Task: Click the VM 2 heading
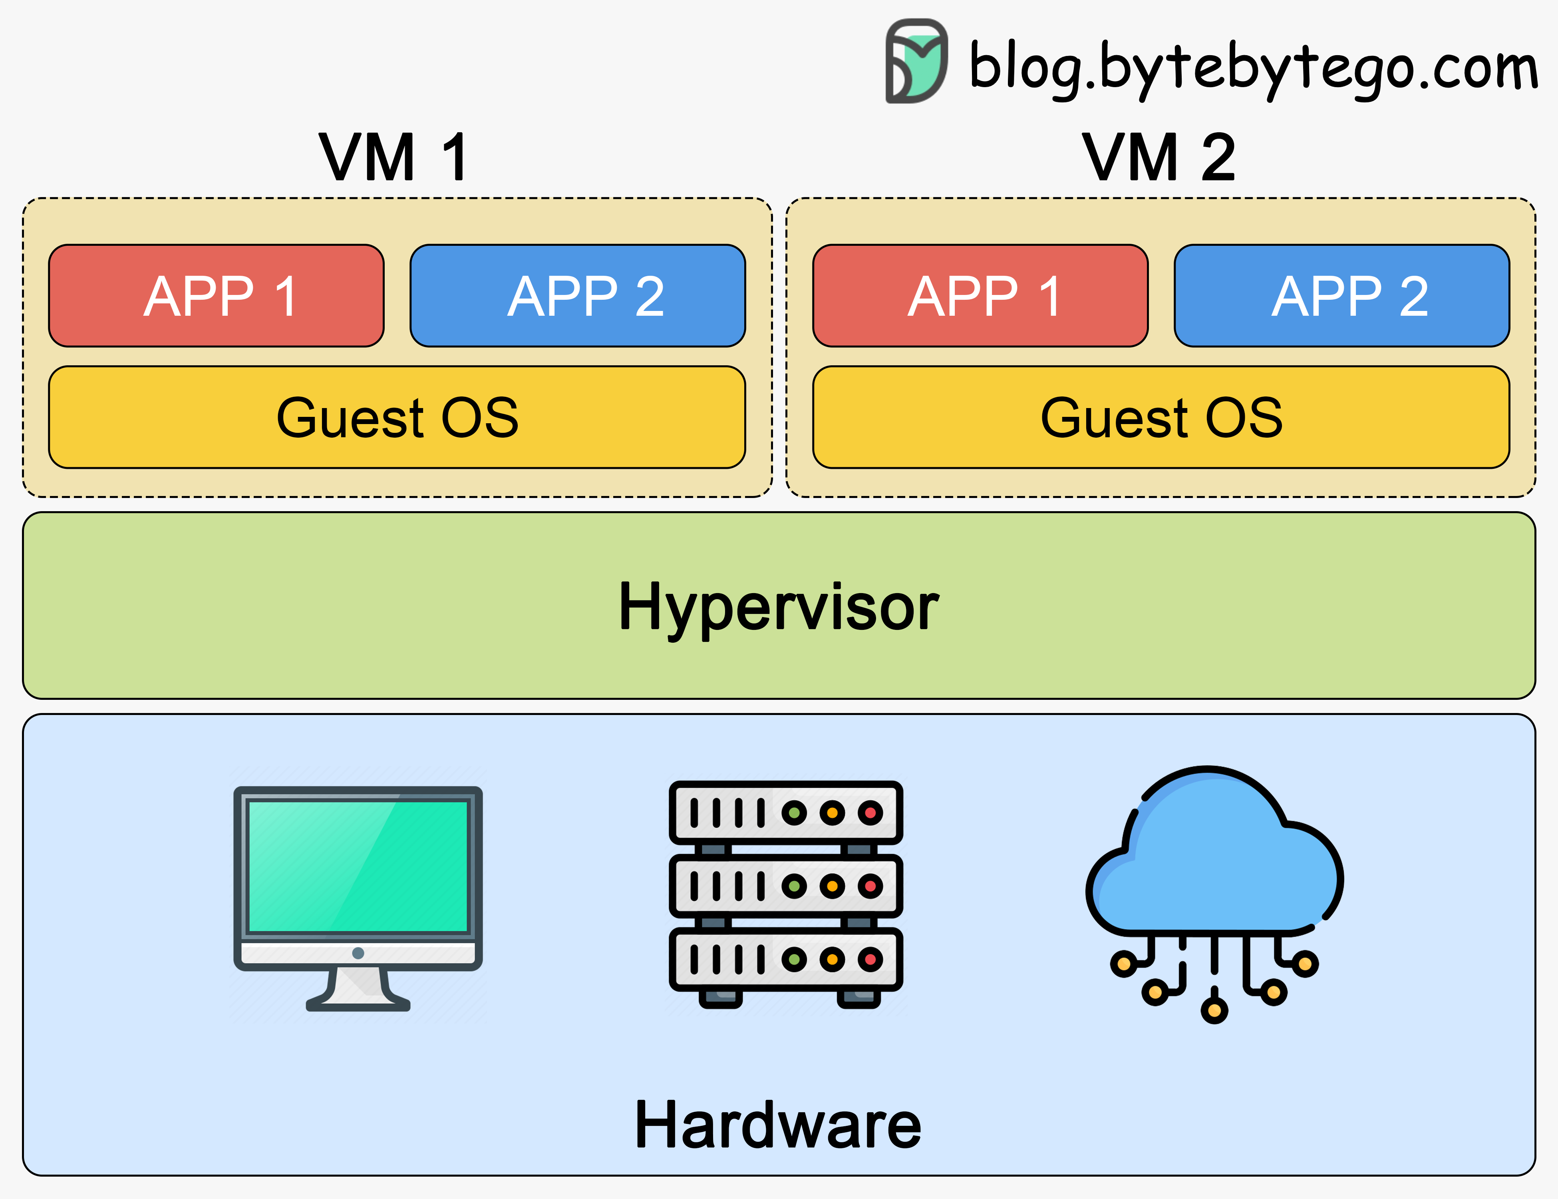click(x=1159, y=158)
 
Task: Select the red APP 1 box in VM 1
click(x=216, y=295)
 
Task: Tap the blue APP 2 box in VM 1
click(x=578, y=295)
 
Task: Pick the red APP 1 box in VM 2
click(x=980, y=295)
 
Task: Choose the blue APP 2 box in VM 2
click(x=1342, y=295)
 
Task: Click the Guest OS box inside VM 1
click(x=397, y=418)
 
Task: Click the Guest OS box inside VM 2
click(x=1161, y=418)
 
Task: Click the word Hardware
click(x=778, y=1125)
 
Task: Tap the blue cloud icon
click(x=1213, y=856)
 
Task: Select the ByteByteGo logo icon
click(x=917, y=62)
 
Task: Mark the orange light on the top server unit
click(x=832, y=812)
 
